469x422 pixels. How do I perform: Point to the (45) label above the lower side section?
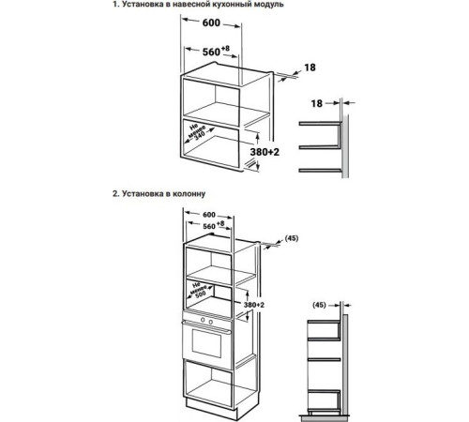(x=321, y=305)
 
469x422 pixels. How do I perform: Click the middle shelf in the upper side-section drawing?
(x=318, y=147)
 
